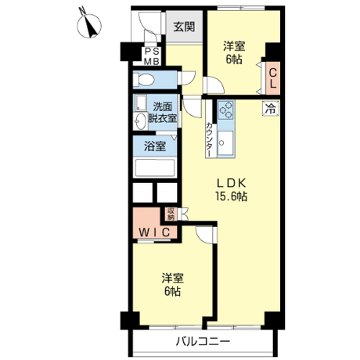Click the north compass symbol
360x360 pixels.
click(x=89, y=25)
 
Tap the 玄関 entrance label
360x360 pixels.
click(x=184, y=27)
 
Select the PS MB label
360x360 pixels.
click(x=152, y=57)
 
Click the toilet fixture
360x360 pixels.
click(x=143, y=79)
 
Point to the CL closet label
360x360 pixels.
click(x=273, y=78)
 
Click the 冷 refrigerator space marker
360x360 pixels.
click(x=271, y=109)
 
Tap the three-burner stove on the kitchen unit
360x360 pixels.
click(x=226, y=109)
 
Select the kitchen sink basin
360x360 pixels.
click(x=225, y=143)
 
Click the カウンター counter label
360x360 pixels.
click(x=209, y=139)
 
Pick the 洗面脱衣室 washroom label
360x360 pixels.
click(x=163, y=112)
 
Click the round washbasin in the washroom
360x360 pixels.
click(x=140, y=121)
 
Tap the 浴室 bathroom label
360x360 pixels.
click(x=155, y=146)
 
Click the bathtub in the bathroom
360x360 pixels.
click(x=155, y=168)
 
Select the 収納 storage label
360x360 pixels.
click(x=171, y=214)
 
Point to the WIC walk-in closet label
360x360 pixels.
click(x=155, y=233)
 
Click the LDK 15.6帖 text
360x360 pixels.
click(x=231, y=190)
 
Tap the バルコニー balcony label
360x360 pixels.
click(x=203, y=341)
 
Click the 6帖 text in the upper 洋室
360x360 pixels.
click(x=234, y=59)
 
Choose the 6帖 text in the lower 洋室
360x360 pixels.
click(x=173, y=291)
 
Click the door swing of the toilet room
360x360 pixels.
click(x=189, y=77)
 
